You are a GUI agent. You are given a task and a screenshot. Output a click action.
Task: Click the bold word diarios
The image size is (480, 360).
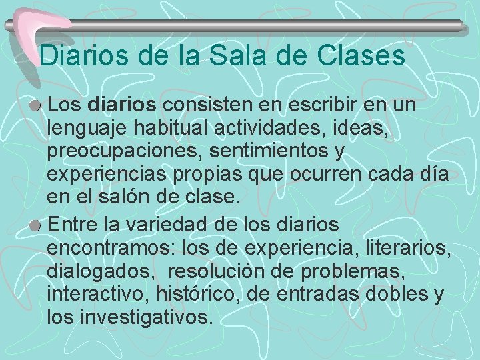(x=121, y=105)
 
